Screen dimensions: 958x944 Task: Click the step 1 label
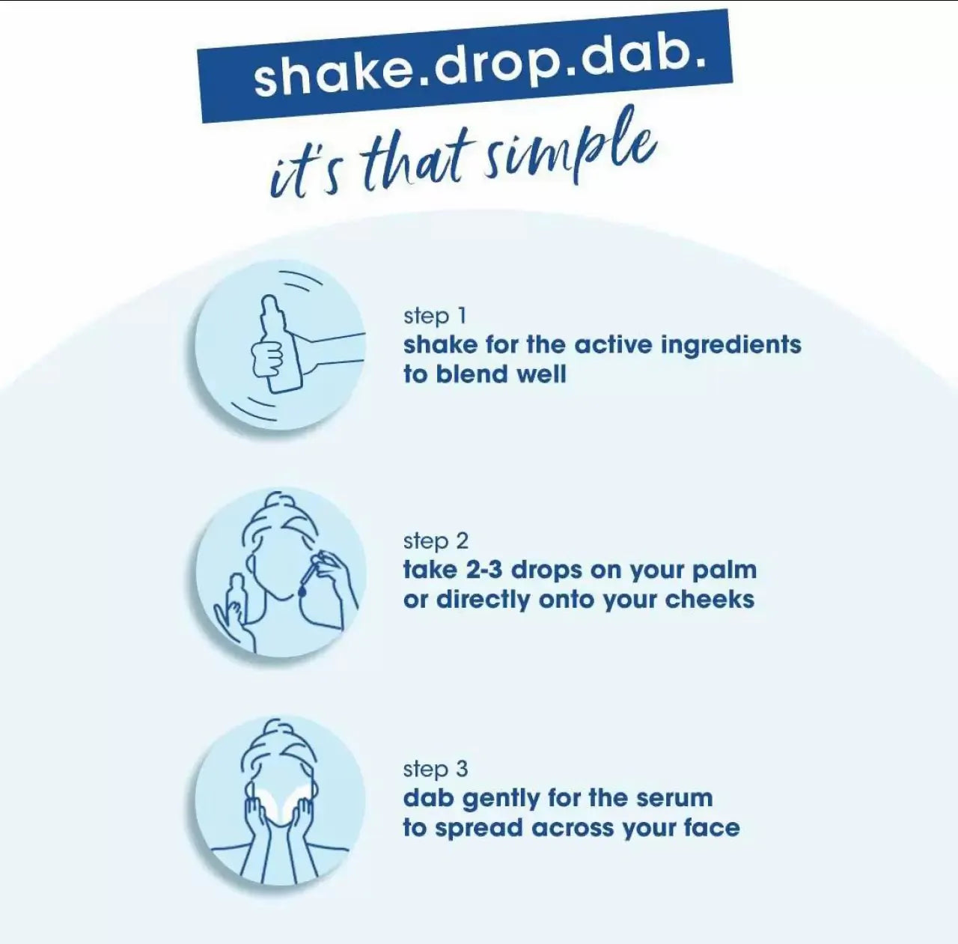435,317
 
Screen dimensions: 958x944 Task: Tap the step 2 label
436,541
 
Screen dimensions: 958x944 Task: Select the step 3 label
436,769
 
